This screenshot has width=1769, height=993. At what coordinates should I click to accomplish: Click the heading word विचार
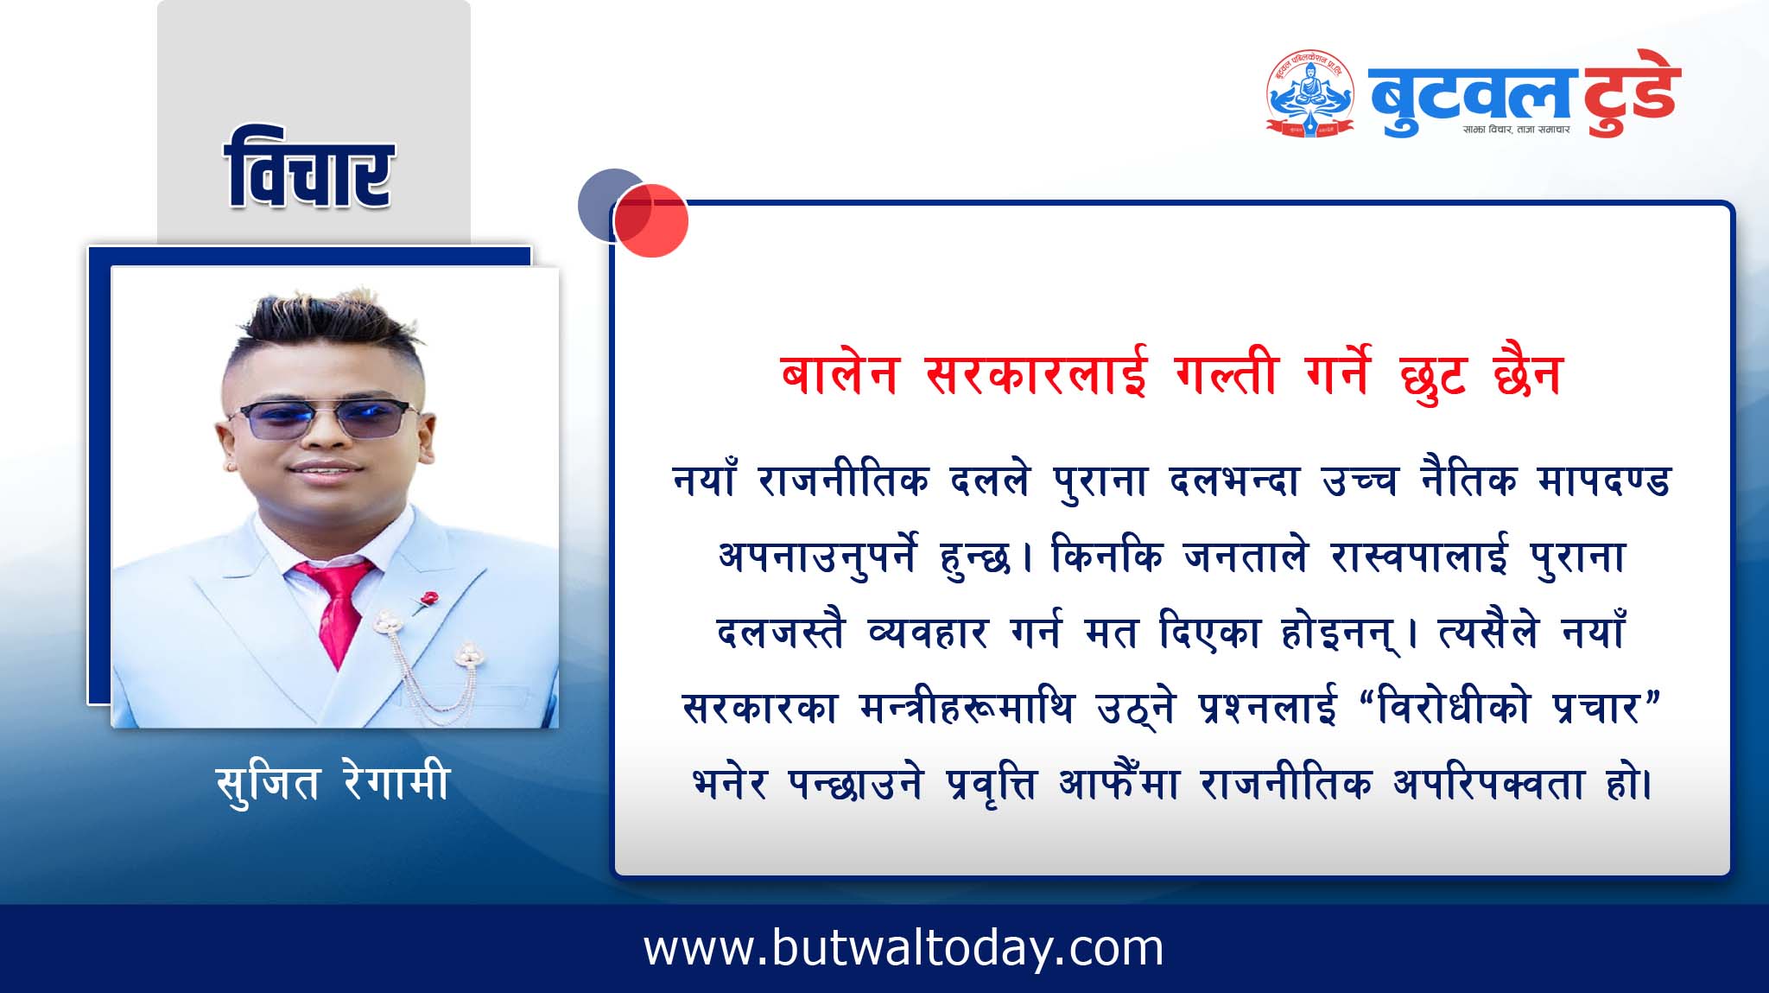[308, 169]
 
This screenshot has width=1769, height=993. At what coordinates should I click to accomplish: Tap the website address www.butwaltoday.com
[904, 949]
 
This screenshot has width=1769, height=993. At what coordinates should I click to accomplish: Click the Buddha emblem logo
[1309, 93]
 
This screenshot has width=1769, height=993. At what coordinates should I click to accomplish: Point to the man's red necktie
[338, 608]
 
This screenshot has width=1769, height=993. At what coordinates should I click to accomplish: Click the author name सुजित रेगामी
[333, 784]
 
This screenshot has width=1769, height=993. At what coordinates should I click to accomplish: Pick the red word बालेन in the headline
[840, 374]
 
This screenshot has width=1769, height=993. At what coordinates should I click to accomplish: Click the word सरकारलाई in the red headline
[1036, 374]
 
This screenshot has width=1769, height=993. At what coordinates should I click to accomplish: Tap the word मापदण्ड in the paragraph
[1604, 481]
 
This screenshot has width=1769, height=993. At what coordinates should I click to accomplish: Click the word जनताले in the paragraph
[1246, 557]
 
